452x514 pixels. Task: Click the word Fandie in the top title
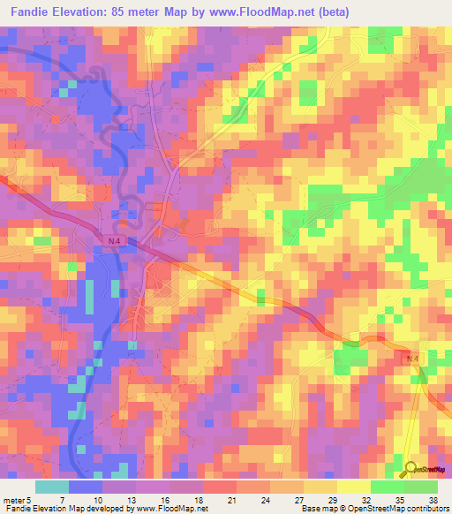click(x=24, y=12)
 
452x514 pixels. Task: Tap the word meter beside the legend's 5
click(x=13, y=501)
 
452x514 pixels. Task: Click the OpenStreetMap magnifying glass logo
click(x=411, y=469)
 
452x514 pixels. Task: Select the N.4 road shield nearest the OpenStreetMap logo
click(x=413, y=358)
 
